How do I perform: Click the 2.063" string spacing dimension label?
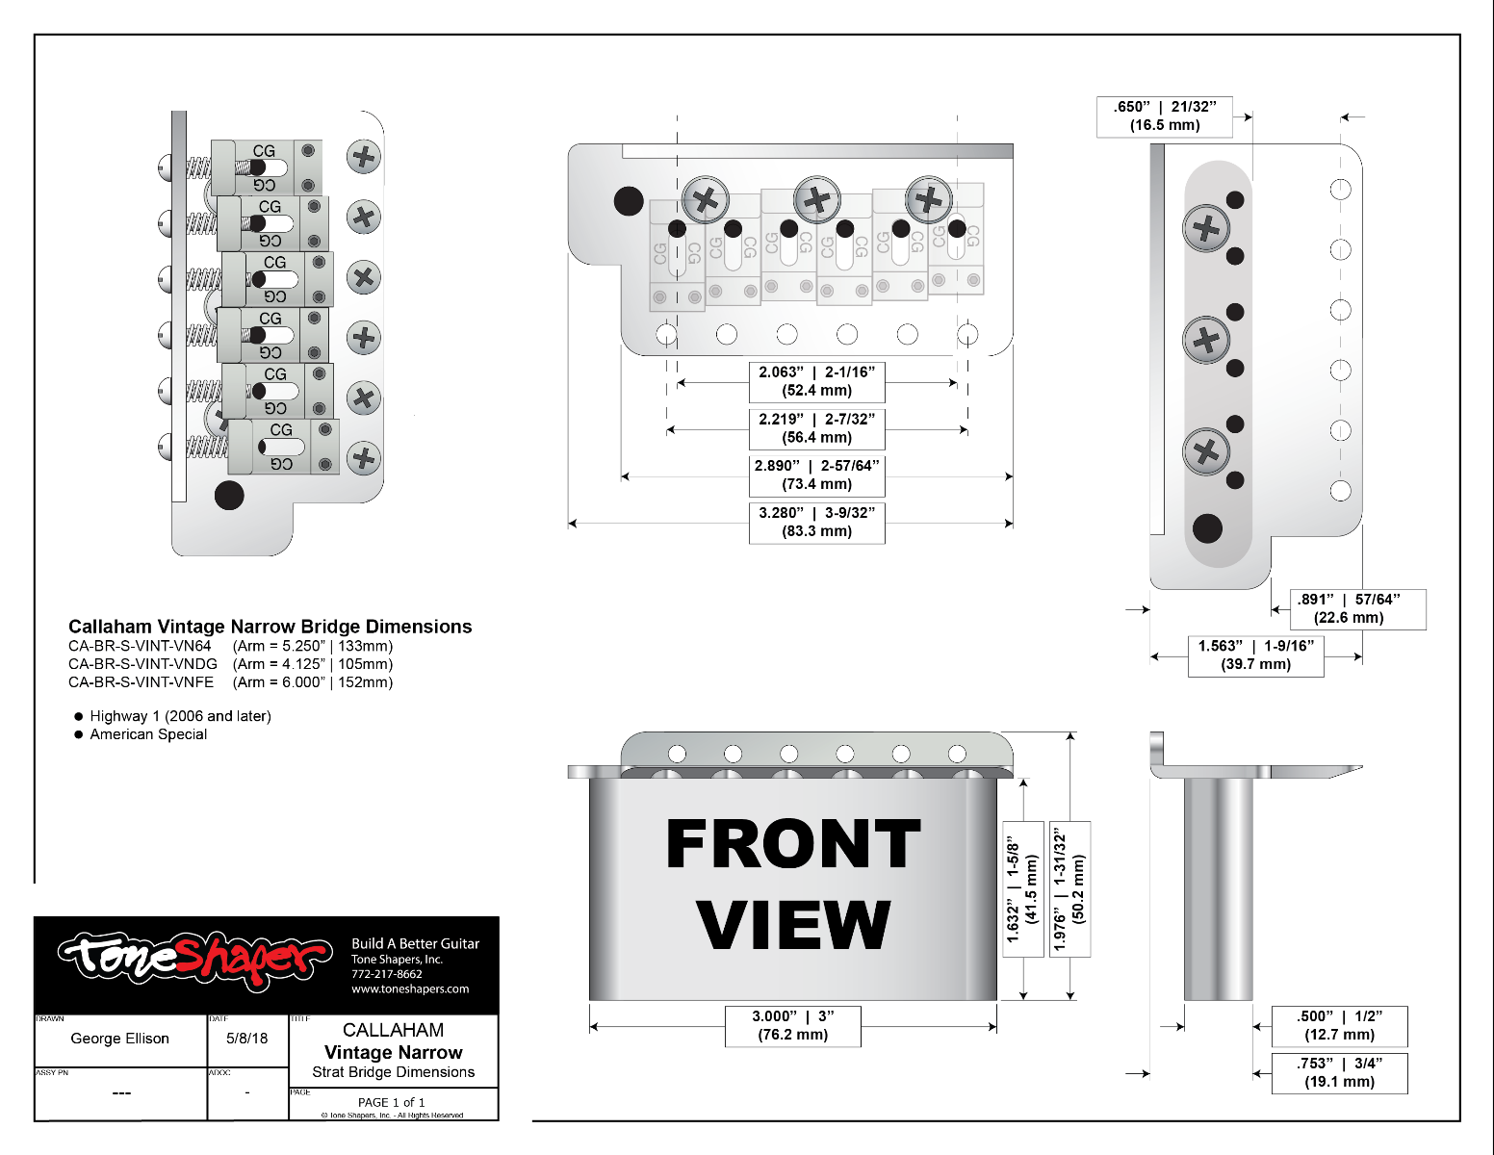point(816,381)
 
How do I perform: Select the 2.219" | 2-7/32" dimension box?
point(816,428)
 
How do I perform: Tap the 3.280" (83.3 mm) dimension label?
point(816,522)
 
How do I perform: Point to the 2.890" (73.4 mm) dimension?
point(816,475)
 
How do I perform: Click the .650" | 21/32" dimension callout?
point(1165,116)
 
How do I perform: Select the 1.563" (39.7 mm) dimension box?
point(1256,654)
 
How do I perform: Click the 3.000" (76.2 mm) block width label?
point(792,1025)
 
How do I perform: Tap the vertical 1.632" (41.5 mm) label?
point(1023,888)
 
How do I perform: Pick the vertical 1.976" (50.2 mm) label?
point(1069,888)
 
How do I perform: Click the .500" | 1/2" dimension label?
point(1339,1025)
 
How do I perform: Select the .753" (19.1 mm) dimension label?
point(1339,1072)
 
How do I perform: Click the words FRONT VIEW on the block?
point(792,884)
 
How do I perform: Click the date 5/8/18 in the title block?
point(247,1039)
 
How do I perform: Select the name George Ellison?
point(119,1039)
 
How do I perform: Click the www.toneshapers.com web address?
point(410,988)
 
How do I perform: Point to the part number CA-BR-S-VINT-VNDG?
point(142,664)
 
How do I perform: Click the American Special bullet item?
point(148,734)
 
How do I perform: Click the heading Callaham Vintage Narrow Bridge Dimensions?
point(270,627)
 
